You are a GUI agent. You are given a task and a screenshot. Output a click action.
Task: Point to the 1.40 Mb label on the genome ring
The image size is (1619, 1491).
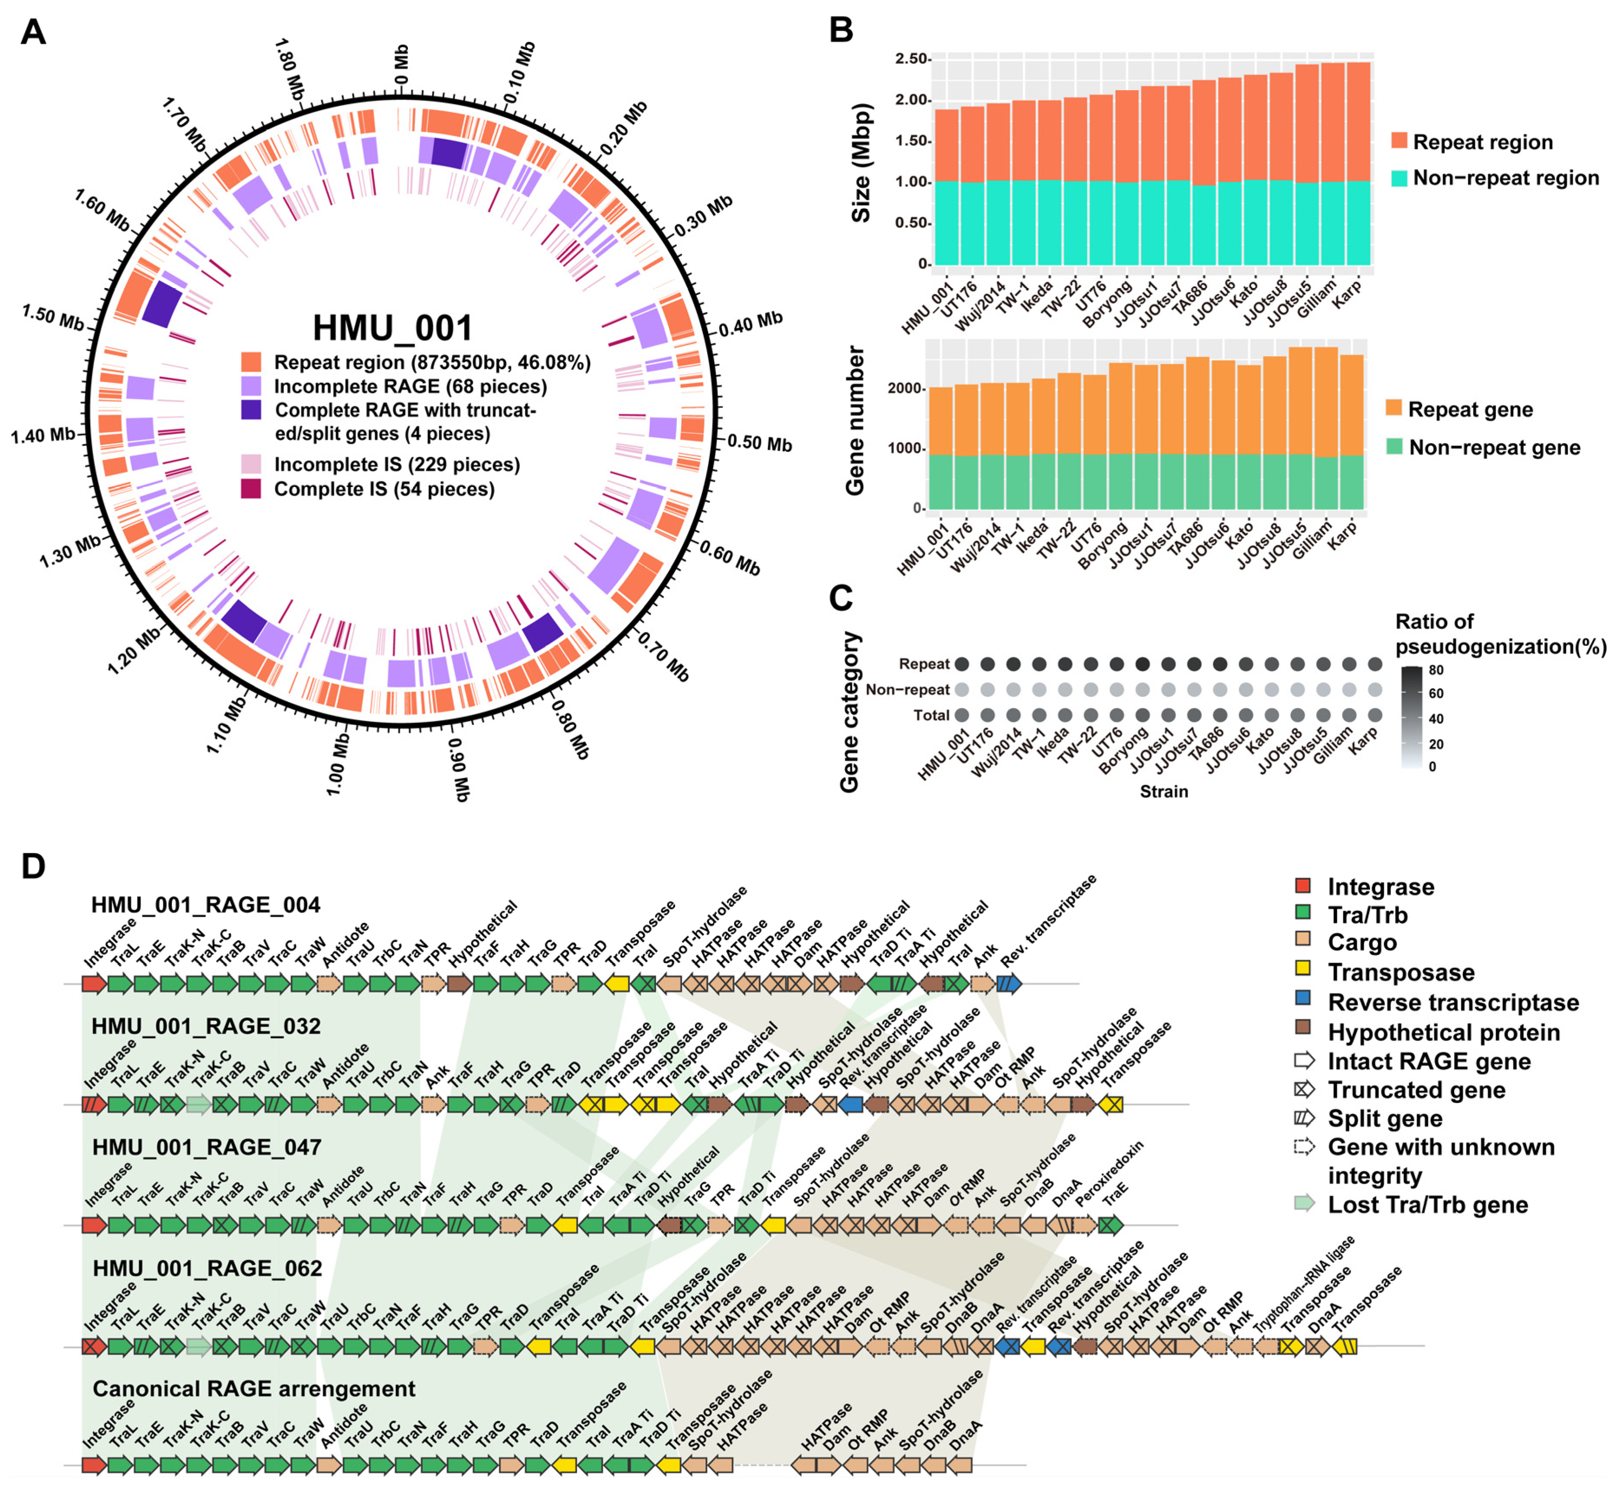click(x=43, y=436)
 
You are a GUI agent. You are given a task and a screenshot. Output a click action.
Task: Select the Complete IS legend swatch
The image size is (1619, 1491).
click(x=251, y=489)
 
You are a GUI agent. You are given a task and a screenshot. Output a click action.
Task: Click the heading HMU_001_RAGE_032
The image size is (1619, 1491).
click(x=206, y=1026)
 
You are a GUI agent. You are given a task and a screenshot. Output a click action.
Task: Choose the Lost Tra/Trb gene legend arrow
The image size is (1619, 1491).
click(x=1304, y=1205)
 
